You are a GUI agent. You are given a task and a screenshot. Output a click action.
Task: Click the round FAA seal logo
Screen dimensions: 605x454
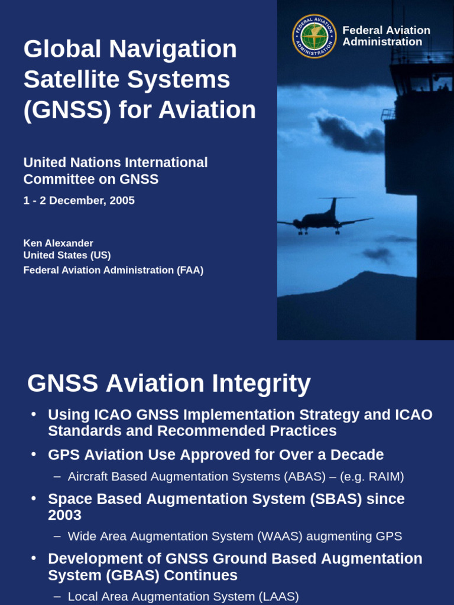point(314,36)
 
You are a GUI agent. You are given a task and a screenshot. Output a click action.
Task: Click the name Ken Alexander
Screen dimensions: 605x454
point(58,243)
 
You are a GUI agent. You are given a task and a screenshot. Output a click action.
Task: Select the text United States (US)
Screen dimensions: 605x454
point(67,255)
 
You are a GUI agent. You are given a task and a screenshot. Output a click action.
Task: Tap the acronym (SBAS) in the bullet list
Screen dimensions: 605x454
point(335,499)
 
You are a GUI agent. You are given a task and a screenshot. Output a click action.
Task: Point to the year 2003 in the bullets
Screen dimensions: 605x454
point(64,515)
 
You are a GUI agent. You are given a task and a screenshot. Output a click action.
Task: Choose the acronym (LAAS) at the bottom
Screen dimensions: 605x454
point(277,596)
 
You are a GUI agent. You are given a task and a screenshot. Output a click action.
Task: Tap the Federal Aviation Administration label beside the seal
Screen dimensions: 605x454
point(386,36)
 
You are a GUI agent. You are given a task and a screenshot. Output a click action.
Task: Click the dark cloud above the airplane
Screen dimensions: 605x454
point(349,134)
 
